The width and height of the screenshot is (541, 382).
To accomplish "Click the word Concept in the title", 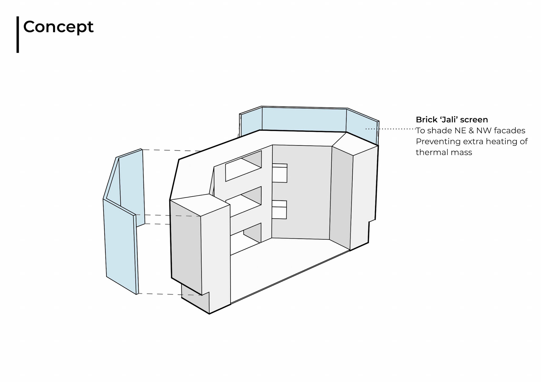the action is tap(58, 27).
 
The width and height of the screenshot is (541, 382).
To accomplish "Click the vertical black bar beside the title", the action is tap(18, 34).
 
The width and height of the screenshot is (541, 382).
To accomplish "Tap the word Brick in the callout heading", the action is tap(426, 120).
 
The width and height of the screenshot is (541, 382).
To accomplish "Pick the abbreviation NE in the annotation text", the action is tap(461, 131).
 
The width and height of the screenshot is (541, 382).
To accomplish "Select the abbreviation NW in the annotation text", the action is tap(484, 131).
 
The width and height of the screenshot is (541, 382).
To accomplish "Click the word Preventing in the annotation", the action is tap(436, 142).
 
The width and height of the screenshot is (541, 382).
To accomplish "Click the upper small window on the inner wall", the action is tap(280, 173).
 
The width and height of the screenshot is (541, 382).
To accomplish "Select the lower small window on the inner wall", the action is tap(279, 210).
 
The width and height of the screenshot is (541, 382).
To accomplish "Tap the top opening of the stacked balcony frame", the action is tap(243, 166).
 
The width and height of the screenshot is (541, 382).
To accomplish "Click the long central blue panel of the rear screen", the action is tap(304, 120).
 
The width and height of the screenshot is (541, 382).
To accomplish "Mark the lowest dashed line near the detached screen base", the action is tap(169, 294).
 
